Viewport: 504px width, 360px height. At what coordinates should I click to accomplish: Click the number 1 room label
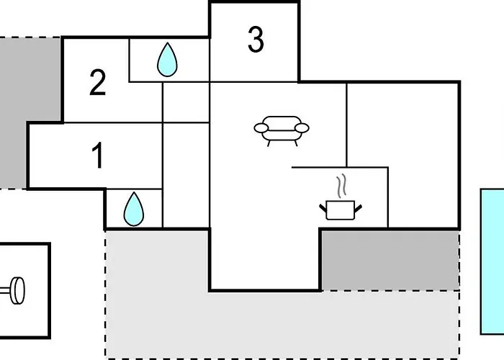coord(98,156)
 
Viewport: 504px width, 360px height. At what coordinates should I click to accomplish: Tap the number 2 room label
coord(98,84)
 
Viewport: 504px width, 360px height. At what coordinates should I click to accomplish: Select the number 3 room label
coord(256,40)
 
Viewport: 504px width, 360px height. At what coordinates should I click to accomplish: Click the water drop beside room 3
coord(167,60)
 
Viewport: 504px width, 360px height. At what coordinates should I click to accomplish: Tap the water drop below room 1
coord(134,210)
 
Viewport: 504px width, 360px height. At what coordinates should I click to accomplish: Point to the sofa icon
coord(281,130)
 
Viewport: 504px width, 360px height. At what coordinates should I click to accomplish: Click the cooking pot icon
coord(340,210)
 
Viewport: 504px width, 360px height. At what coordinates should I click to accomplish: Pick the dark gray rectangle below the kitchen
coord(390,260)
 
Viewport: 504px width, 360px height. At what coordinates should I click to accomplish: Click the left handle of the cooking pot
coord(323,207)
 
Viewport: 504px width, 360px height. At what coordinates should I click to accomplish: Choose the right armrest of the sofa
coord(302,129)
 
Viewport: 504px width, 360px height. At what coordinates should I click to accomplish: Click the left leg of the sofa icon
coord(269,143)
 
